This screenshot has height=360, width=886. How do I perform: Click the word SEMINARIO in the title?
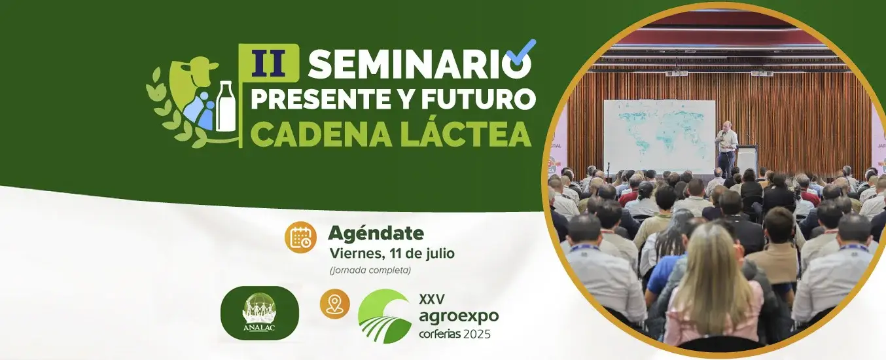[x=419, y=65]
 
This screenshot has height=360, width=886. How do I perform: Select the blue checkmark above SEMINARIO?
[x=522, y=52]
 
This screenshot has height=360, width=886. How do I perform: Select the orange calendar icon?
[x=300, y=237]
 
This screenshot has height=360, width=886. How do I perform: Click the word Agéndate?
[x=376, y=233]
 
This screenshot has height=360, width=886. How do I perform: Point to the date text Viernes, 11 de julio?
[x=392, y=253]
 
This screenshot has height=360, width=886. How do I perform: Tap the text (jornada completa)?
[x=370, y=270]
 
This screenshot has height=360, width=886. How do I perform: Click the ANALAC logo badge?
[x=260, y=313]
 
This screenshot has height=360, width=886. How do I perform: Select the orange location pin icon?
[x=334, y=304]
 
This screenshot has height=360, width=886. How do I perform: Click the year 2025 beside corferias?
[x=477, y=334]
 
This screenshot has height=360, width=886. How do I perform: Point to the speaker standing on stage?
[x=726, y=149]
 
